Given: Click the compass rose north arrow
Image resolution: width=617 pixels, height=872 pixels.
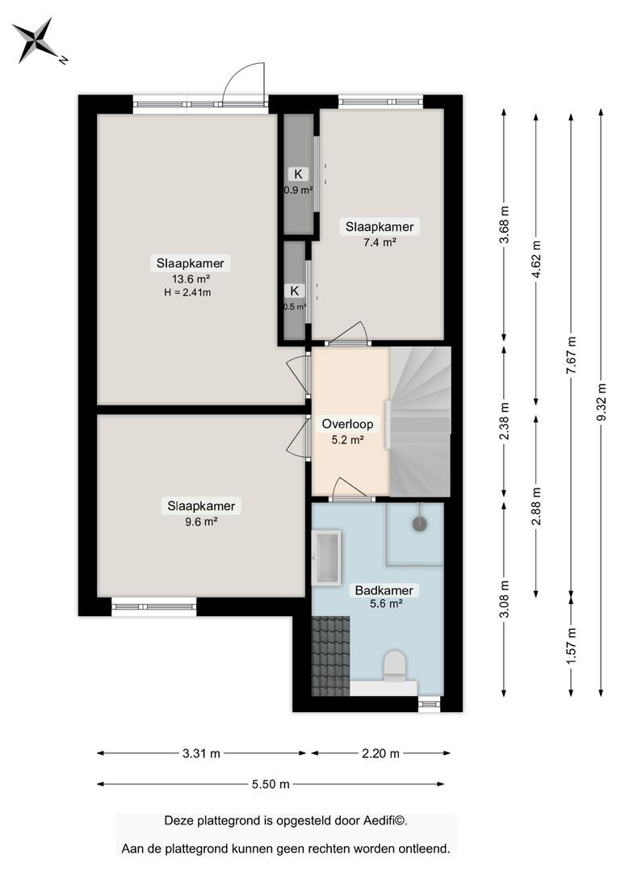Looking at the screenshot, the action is point(36,41).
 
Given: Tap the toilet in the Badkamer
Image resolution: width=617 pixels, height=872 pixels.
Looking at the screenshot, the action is point(395,666).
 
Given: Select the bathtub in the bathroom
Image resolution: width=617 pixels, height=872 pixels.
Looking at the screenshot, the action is point(326,557).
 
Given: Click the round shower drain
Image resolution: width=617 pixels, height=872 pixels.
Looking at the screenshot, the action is point(419,523).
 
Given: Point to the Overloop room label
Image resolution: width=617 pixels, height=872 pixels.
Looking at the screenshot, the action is point(348,425).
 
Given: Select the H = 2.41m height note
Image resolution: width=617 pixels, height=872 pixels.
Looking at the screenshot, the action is point(187,292).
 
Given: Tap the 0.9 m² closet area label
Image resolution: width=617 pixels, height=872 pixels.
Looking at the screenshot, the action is point(299,191).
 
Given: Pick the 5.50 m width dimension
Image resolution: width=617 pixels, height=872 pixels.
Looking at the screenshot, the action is point(271,784).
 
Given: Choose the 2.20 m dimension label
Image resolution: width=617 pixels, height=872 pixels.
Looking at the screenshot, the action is point(381,753).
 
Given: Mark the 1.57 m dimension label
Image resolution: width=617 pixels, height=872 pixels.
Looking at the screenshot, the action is point(572,645).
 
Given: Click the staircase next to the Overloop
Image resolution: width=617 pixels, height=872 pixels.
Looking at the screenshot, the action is point(420,421).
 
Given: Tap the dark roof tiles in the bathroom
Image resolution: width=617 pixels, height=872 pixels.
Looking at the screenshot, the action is point(330,656).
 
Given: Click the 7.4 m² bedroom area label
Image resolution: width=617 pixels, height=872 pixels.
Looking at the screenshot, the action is point(380,242).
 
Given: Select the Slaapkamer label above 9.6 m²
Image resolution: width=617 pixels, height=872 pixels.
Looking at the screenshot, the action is point(201,506).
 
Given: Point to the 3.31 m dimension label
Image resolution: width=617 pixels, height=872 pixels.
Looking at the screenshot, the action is point(201,753).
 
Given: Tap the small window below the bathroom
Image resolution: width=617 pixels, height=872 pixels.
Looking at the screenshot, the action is point(429,704).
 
